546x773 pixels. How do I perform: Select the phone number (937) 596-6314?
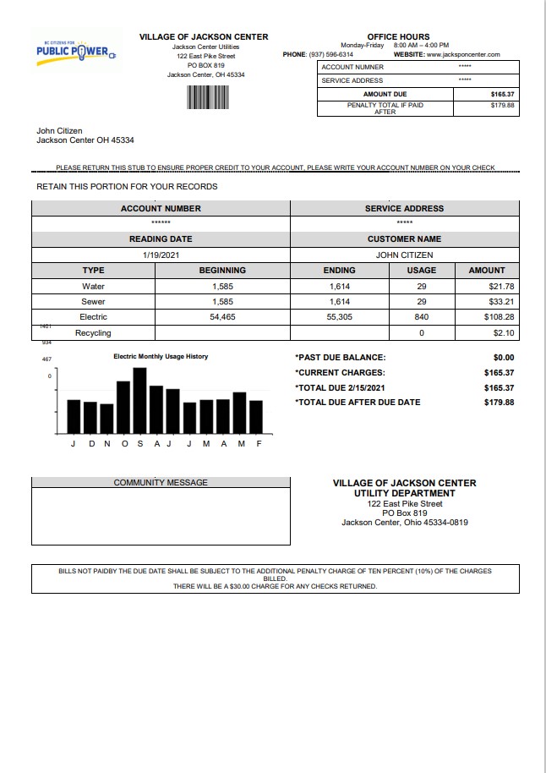pyautogui.click(x=331, y=54)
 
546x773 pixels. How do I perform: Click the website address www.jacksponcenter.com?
pyautogui.click(x=463, y=54)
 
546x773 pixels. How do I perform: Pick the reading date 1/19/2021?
pyautogui.click(x=161, y=255)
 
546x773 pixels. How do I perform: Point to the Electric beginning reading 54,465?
pyautogui.click(x=222, y=317)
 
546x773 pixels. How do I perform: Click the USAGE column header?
pyautogui.click(x=421, y=271)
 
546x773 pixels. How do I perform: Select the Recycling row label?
pyautogui.click(x=93, y=333)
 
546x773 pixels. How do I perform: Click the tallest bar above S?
pyautogui.click(x=139, y=400)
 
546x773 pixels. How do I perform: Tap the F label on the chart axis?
pyautogui.click(x=259, y=444)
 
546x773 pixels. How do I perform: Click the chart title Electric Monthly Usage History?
pyautogui.click(x=161, y=357)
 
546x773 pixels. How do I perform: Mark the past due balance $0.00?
pyautogui.click(x=503, y=358)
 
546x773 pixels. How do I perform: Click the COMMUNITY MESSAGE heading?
pyautogui.click(x=161, y=483)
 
